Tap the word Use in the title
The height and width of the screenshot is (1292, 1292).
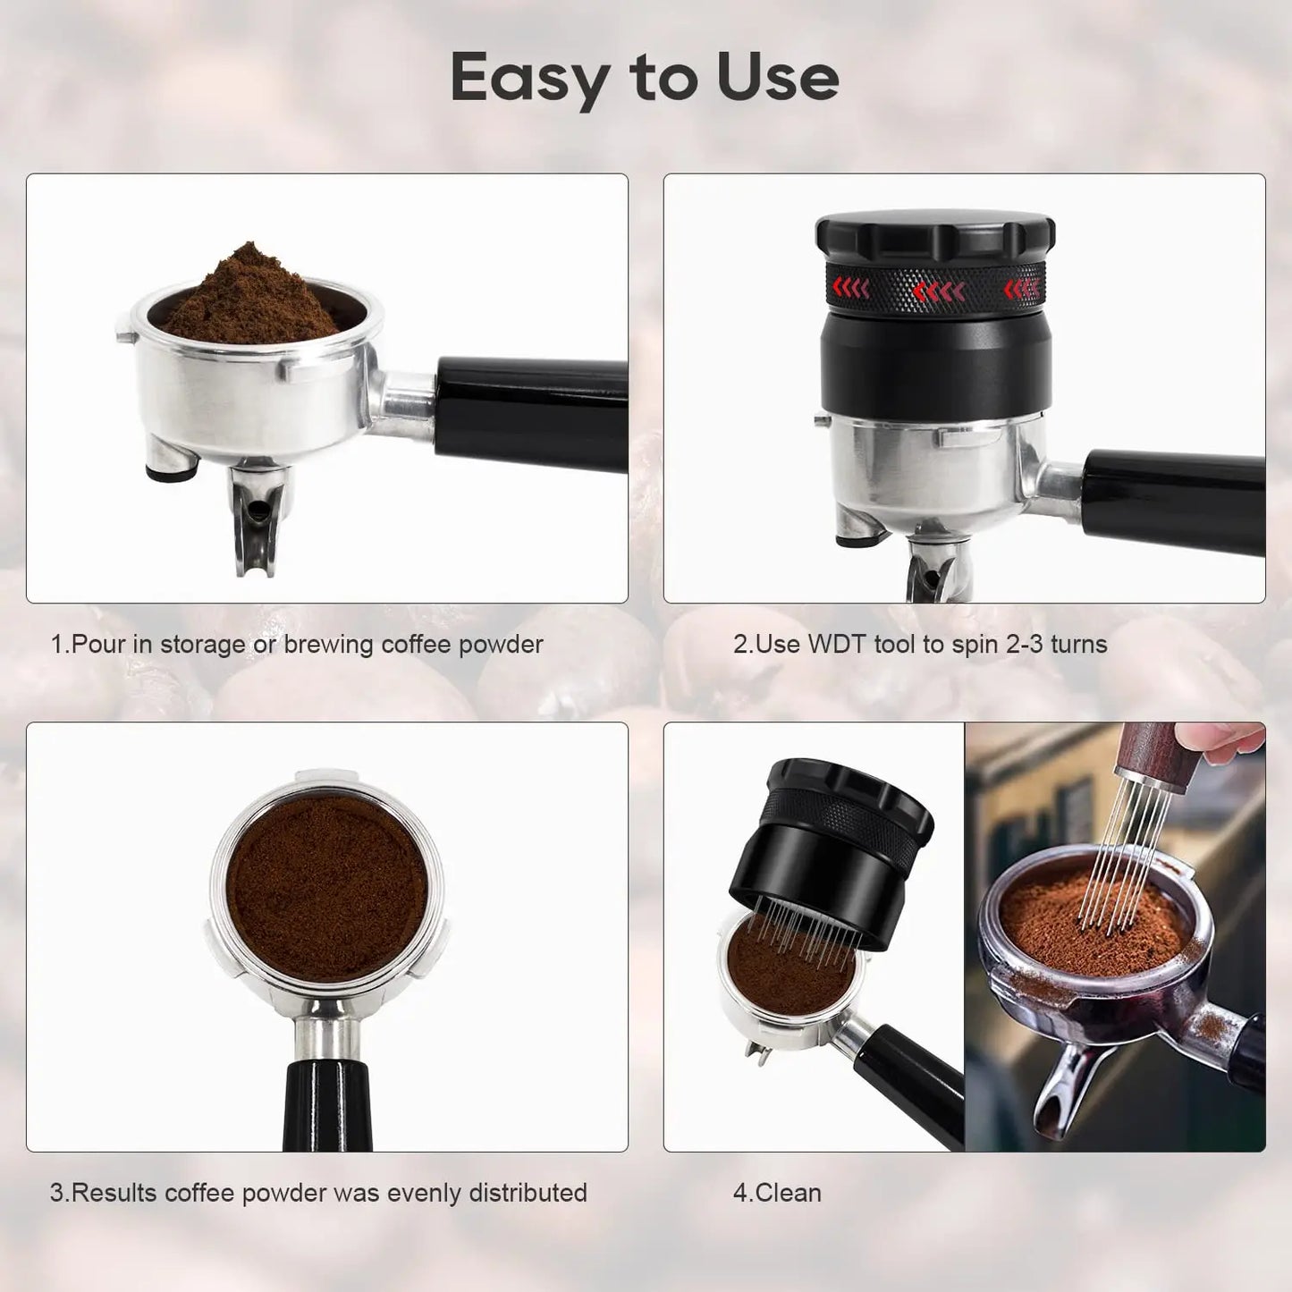pyautogui.click(x=777, y=79)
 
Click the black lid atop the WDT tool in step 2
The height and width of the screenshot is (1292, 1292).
pyautogui.click(x=935, y=234)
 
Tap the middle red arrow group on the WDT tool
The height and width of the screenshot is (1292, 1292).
pyautogui.click(x=938, y=291)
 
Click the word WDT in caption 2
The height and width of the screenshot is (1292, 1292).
pyautogui.click(x=837, y=645)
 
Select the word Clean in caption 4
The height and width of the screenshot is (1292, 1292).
pyautogui.click(x=788, y=1193)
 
